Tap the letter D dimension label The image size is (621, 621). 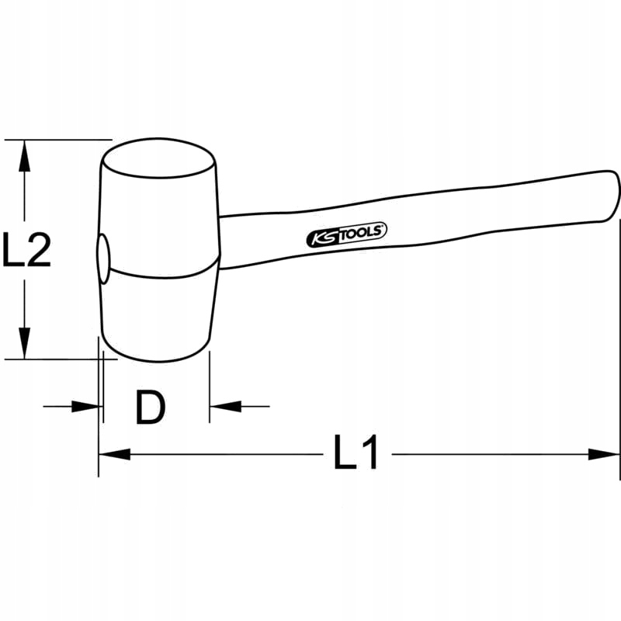[151, 407]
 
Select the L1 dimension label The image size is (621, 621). [356, 453]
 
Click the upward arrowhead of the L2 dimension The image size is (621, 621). [26, 156]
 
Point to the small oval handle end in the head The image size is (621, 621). [102, 259]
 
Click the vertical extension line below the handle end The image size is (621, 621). [619, 349]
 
